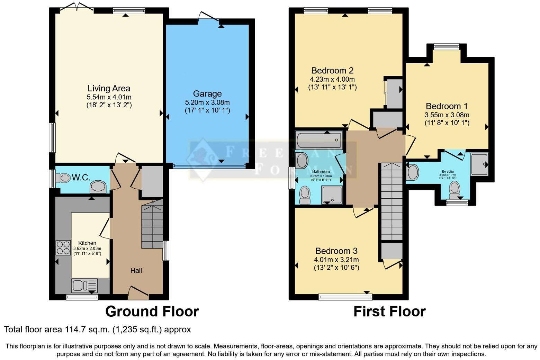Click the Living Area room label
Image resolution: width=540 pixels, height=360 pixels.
(x=109, y=89)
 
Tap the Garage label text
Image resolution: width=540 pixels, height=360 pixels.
(x=207, y=94)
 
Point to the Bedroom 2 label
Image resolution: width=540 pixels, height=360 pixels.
(x=332, y=71)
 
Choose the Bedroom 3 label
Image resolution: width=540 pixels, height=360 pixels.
(x=336, y=251)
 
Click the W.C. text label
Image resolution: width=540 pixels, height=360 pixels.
(x=81, y=178)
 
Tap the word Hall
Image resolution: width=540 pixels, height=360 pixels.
(x=136, y=271)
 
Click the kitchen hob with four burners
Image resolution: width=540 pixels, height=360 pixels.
(x=63, y=247)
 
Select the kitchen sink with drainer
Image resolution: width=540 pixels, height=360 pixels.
(x=84, y=286)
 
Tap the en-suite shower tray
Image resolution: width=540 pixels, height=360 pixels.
(x=479, y=164)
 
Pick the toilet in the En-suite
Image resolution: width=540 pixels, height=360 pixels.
(x=454, y=190)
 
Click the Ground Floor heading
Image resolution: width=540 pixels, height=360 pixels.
(x=152, y=312)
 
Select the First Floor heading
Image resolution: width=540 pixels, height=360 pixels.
(x=389, y=312)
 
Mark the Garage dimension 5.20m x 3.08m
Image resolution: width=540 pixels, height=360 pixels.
(x=207, y=102)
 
